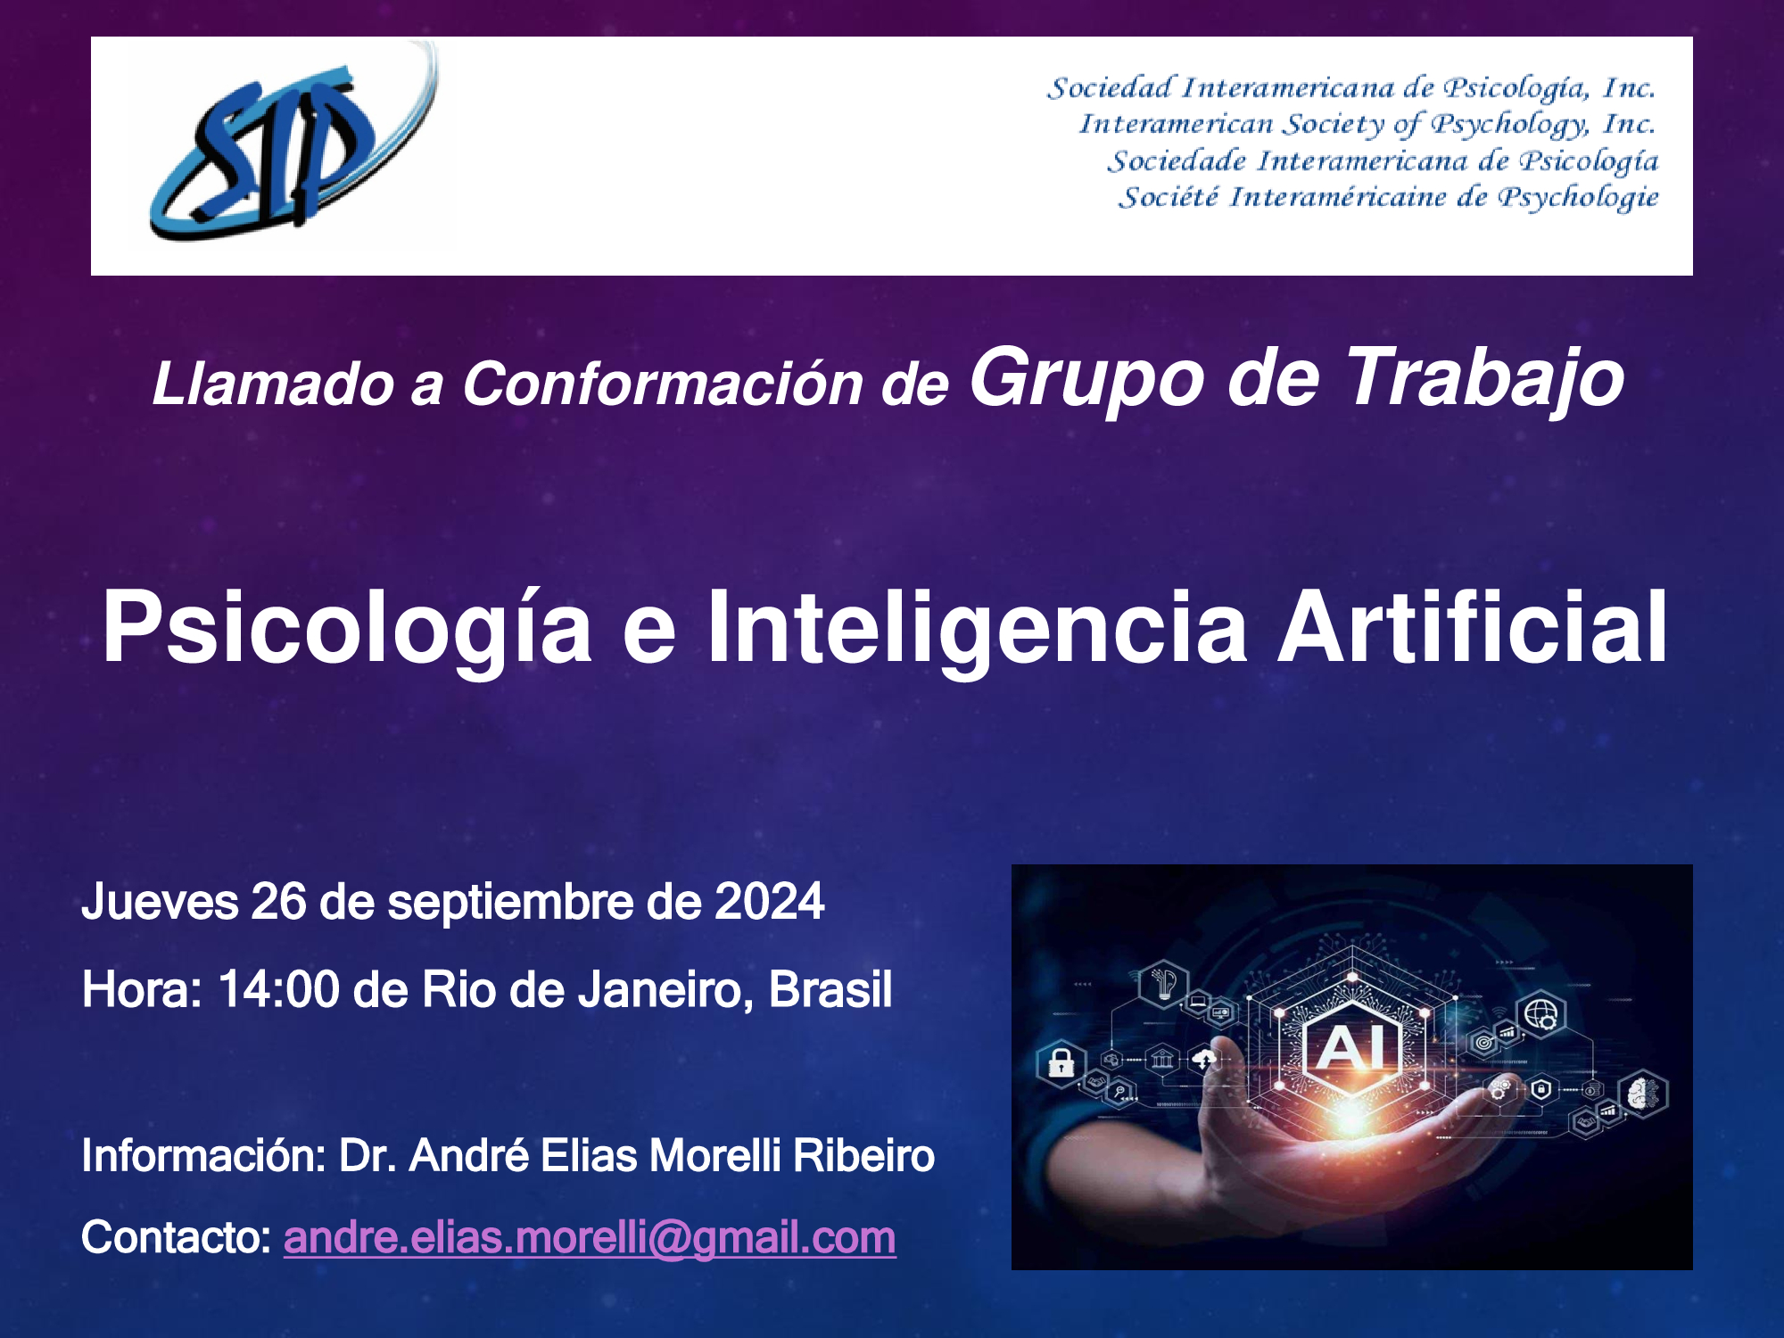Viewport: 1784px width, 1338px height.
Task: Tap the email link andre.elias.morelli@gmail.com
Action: pos(590,1238)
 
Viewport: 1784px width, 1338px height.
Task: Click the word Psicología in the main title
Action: pos(347,629)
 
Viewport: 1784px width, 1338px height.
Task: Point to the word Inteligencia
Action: pos(978,629)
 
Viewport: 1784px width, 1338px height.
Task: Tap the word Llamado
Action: pos(273,384)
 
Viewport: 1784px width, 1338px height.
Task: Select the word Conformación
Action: pos(663,384)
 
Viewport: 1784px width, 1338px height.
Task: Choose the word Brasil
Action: pos(830,989)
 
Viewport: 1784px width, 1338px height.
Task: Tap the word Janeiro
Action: pos(666,991)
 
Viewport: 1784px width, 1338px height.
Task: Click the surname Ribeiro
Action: pos(863,1156)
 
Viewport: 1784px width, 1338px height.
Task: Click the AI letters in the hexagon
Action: pos(1352,1047)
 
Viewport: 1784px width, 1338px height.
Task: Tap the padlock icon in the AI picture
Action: pos(1061,1062)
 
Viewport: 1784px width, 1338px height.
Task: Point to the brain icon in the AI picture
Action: pos(1642,1094)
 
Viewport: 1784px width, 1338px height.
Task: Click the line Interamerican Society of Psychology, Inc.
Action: pos(1367,125)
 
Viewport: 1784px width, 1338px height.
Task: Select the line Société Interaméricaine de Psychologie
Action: pos(1389,198)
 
